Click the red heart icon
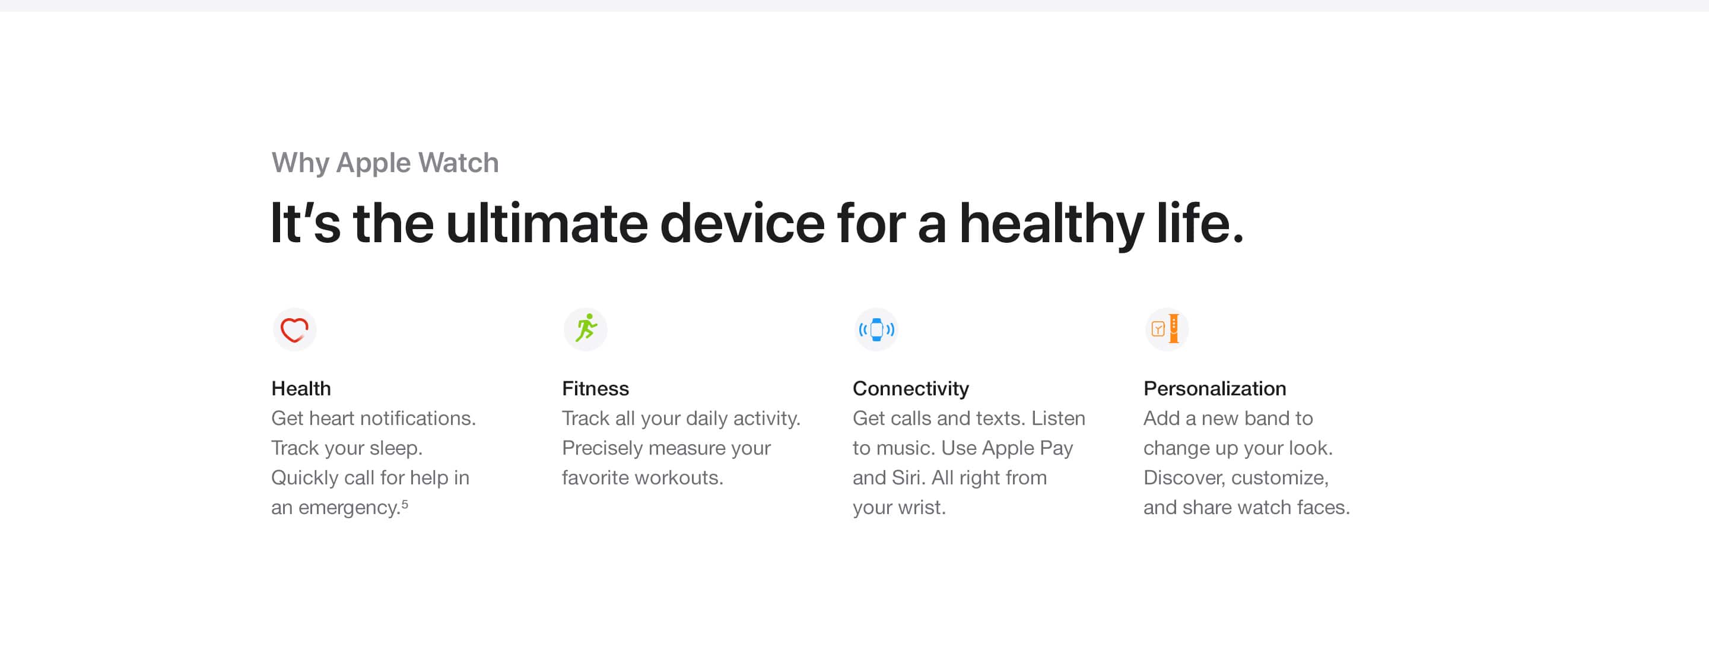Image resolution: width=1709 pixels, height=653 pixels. pos(294,329)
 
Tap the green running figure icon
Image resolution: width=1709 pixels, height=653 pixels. pos(585,329)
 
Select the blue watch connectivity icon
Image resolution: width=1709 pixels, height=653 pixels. pos(876,329)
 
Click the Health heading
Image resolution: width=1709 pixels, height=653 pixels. pos(300,388)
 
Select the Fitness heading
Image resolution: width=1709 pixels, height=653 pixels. pos(595,388)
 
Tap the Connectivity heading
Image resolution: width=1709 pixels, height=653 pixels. pos(910,388)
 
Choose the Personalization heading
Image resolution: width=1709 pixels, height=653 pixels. pos(1214,388)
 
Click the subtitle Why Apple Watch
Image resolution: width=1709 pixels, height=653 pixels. pos(385,163)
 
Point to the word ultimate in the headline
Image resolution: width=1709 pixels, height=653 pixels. pos(546,224)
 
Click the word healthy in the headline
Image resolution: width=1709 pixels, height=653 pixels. pos(1051,224)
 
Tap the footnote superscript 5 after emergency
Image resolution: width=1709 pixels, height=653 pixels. pos(405,503)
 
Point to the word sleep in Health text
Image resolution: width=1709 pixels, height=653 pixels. pos(395,448)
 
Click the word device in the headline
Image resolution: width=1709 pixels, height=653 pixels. pos(742,224)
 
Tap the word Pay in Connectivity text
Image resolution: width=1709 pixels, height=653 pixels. pos(1056,448)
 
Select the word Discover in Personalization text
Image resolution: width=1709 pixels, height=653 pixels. pos(1183,478)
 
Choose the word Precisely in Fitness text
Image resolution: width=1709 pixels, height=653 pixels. pos(602,448)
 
